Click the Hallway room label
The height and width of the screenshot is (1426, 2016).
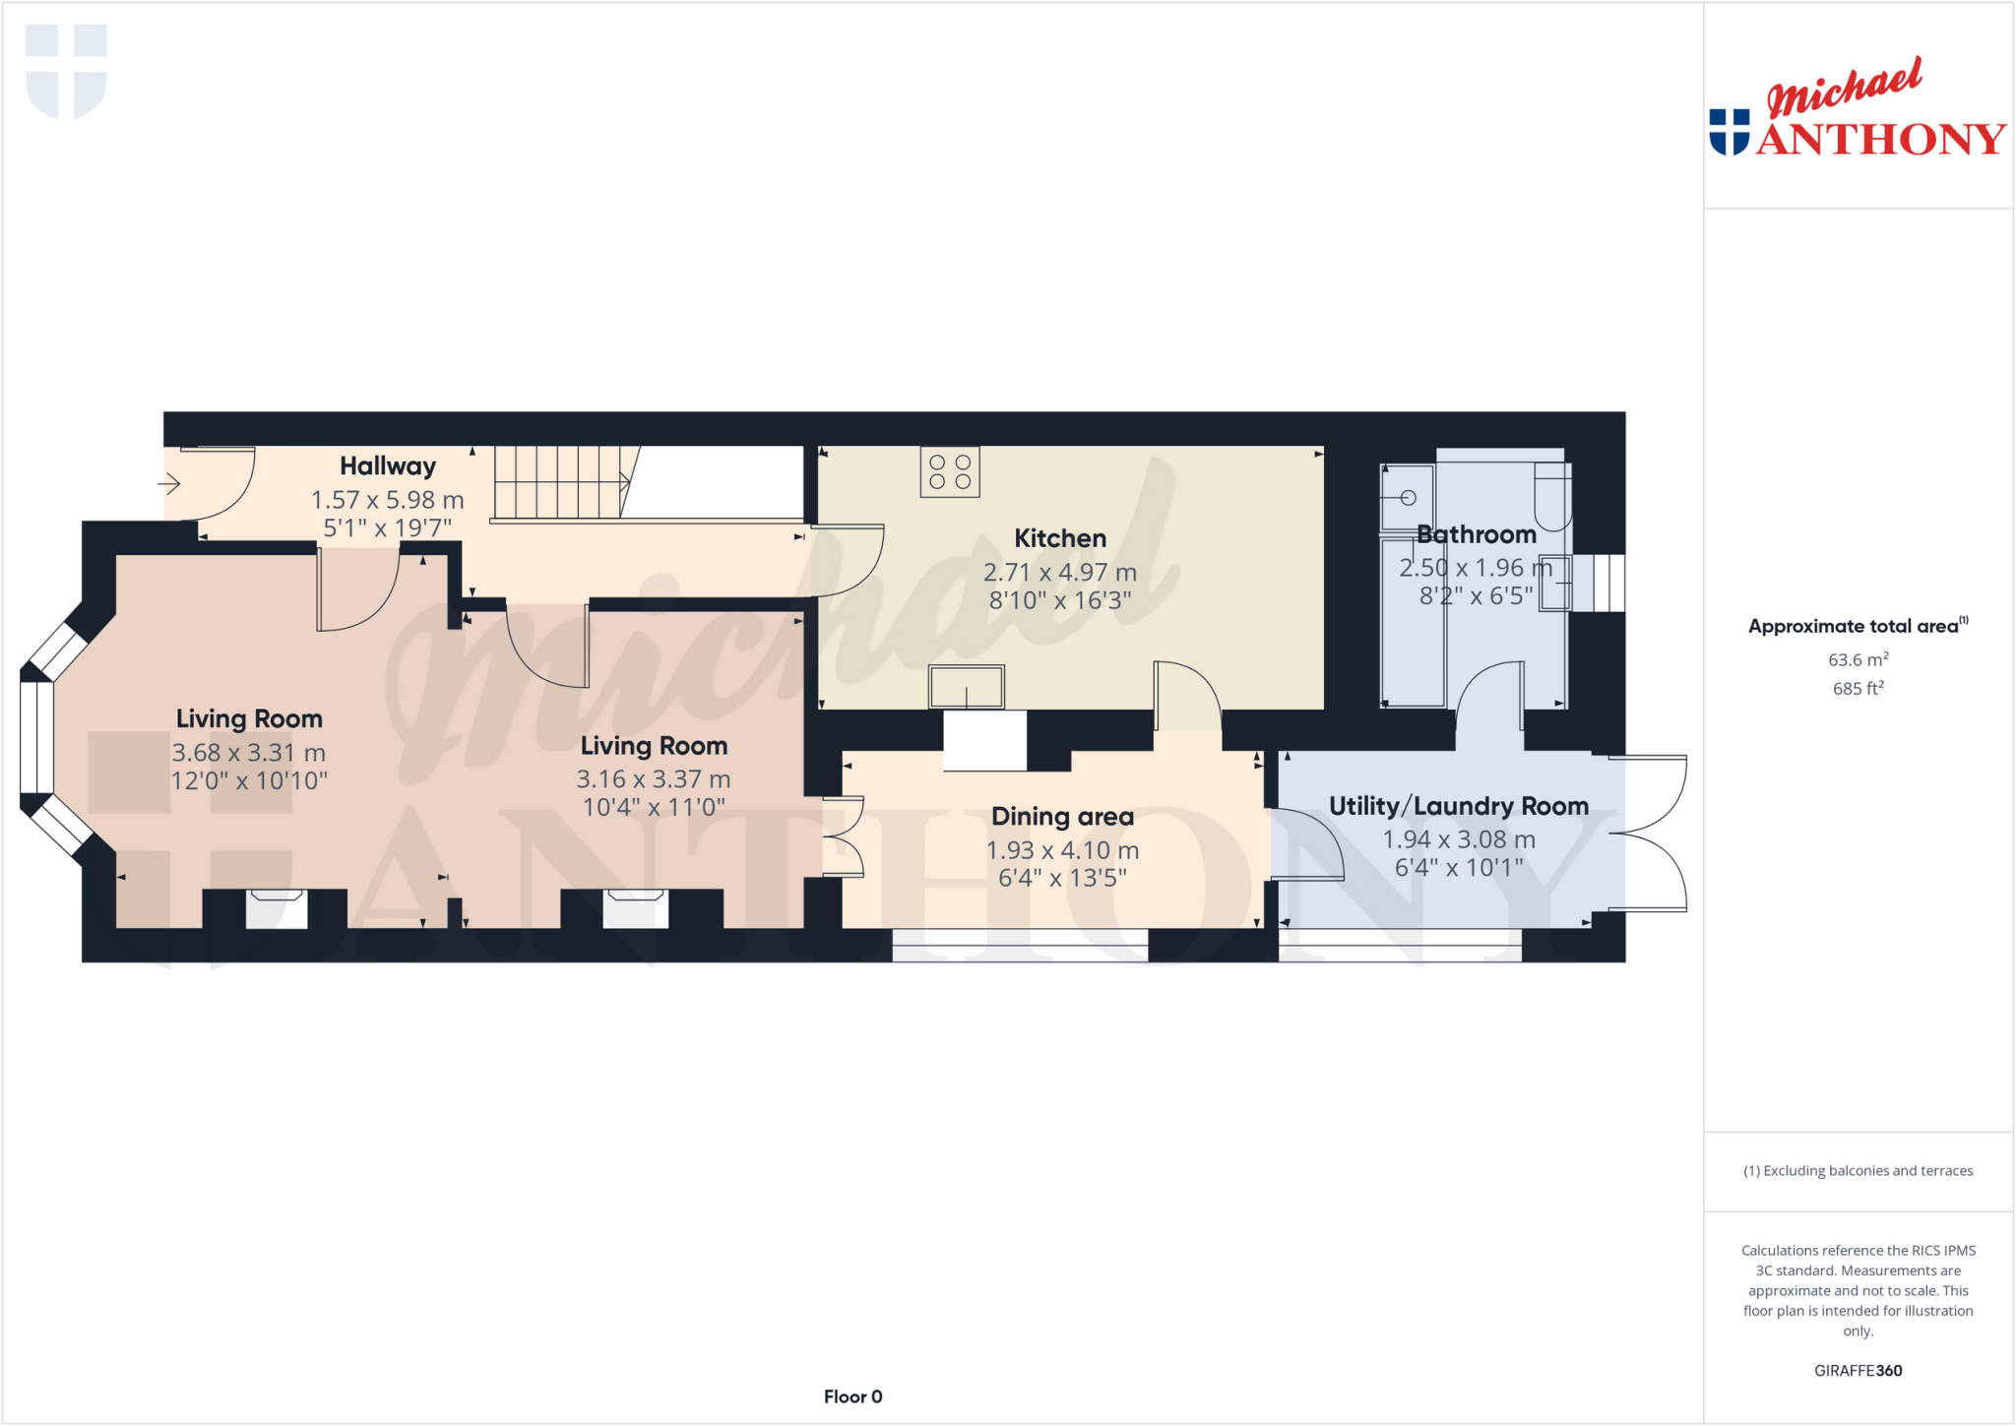pyautogui.click(x=388, y=465)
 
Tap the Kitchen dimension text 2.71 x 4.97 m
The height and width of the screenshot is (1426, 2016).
pyautogui.click(x=1060, y=572)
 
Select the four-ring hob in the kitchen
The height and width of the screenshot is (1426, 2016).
pyautogui.click(x=950, y=472)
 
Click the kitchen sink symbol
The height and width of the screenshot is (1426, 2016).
pyautogui.click(x=967, y=686)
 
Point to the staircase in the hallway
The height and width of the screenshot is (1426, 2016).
pyautogui.click(x=560, y=482)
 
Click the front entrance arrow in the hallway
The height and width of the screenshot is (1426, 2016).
pyautogui.click(x=169, y=483)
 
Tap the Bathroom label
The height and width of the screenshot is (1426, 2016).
pyautogui.click(x=1476, y=534)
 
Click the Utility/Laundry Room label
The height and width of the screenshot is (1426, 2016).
pyautogui.click(x=1458, y=806)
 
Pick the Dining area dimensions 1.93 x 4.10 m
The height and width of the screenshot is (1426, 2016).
pyautogui.click(x=1062, y=850)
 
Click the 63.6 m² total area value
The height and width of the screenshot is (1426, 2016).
pyautogui.click(x=1858, y=659)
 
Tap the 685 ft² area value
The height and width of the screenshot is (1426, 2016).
pyautogui.click(x=1858, y=688)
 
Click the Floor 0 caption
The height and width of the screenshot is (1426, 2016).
pyautogui.click(x=852, y=1396)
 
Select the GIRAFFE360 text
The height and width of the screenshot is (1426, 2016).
pyautogui.click(x=1858, y=1370)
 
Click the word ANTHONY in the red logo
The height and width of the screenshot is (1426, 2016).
pyautogui.click(x=1880, y=139)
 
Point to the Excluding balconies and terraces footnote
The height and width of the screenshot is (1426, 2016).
pyautogui.click(x=1858, y=1170)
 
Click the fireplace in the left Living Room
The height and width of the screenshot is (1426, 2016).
pyautogui.click(x=276, y=908)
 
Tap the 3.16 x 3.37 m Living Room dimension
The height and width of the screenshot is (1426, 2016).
pyautogui.click(x=653, y=779)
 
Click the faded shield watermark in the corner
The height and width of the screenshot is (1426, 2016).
pyautogui.click(x=66, y=71)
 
